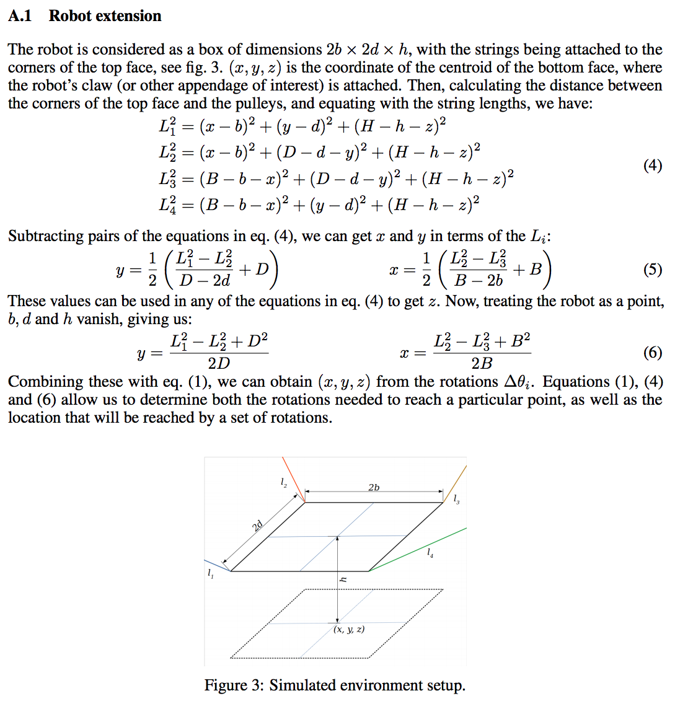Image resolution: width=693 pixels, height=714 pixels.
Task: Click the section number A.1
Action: [20, 16]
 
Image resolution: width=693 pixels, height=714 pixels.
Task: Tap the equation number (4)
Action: [652, 165]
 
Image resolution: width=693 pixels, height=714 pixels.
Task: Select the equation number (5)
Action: [652, 269]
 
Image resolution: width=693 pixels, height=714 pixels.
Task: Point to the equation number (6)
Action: [652, 353]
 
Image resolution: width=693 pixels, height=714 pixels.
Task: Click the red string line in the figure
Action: [293, 478]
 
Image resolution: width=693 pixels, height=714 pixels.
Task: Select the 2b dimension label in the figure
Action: [374, 487]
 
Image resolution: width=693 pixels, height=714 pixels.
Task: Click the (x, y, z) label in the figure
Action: [349, 629]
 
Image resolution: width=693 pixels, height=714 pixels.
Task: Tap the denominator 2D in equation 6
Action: [219, 363]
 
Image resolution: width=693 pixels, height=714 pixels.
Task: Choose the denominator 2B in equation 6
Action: [482, 363]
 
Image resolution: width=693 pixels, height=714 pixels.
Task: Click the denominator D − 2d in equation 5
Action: [205, 281]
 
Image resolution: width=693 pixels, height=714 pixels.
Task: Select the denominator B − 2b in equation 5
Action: [479, 281]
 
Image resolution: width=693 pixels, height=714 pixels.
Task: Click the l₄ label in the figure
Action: [430, 552]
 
